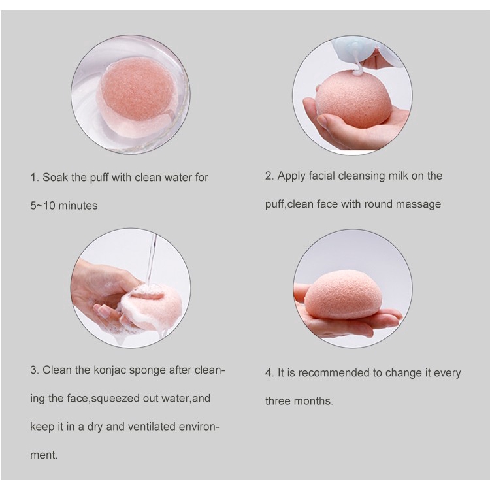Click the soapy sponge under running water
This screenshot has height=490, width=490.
[152, 305]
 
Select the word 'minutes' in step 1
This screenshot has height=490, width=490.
[78, 206]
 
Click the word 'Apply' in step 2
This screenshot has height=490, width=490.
[291, 176]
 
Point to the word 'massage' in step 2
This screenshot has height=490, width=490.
[420, 204]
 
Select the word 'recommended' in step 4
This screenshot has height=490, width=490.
[329, 373]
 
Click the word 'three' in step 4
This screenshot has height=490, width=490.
[278, 401]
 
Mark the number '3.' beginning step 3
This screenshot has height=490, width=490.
[35, 370]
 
